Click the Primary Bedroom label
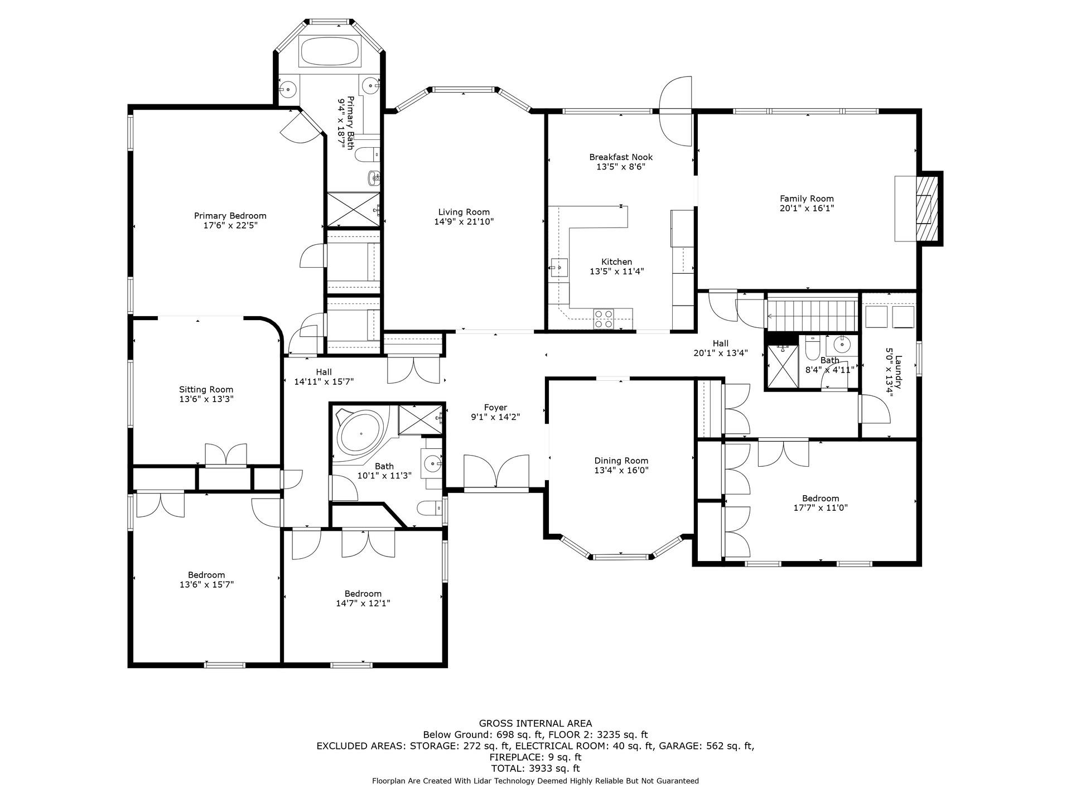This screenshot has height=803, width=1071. coord(230,216)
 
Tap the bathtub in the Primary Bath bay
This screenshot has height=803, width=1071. coord(329,52)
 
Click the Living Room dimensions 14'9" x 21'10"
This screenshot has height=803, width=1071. coord(464,222)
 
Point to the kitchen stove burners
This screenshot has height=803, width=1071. coord(603,318)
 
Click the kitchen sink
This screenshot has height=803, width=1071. coord(558,267)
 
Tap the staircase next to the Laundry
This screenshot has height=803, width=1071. coord(812,315)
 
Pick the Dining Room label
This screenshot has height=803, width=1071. coord(621,461)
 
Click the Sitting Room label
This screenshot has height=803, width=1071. coord(206,390)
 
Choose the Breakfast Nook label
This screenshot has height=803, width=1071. coord(620,157)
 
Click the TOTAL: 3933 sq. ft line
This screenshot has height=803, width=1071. coord(535,768)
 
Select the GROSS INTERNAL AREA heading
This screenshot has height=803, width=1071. coord(535,724)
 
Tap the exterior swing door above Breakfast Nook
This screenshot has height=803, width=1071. coord(676,112)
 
